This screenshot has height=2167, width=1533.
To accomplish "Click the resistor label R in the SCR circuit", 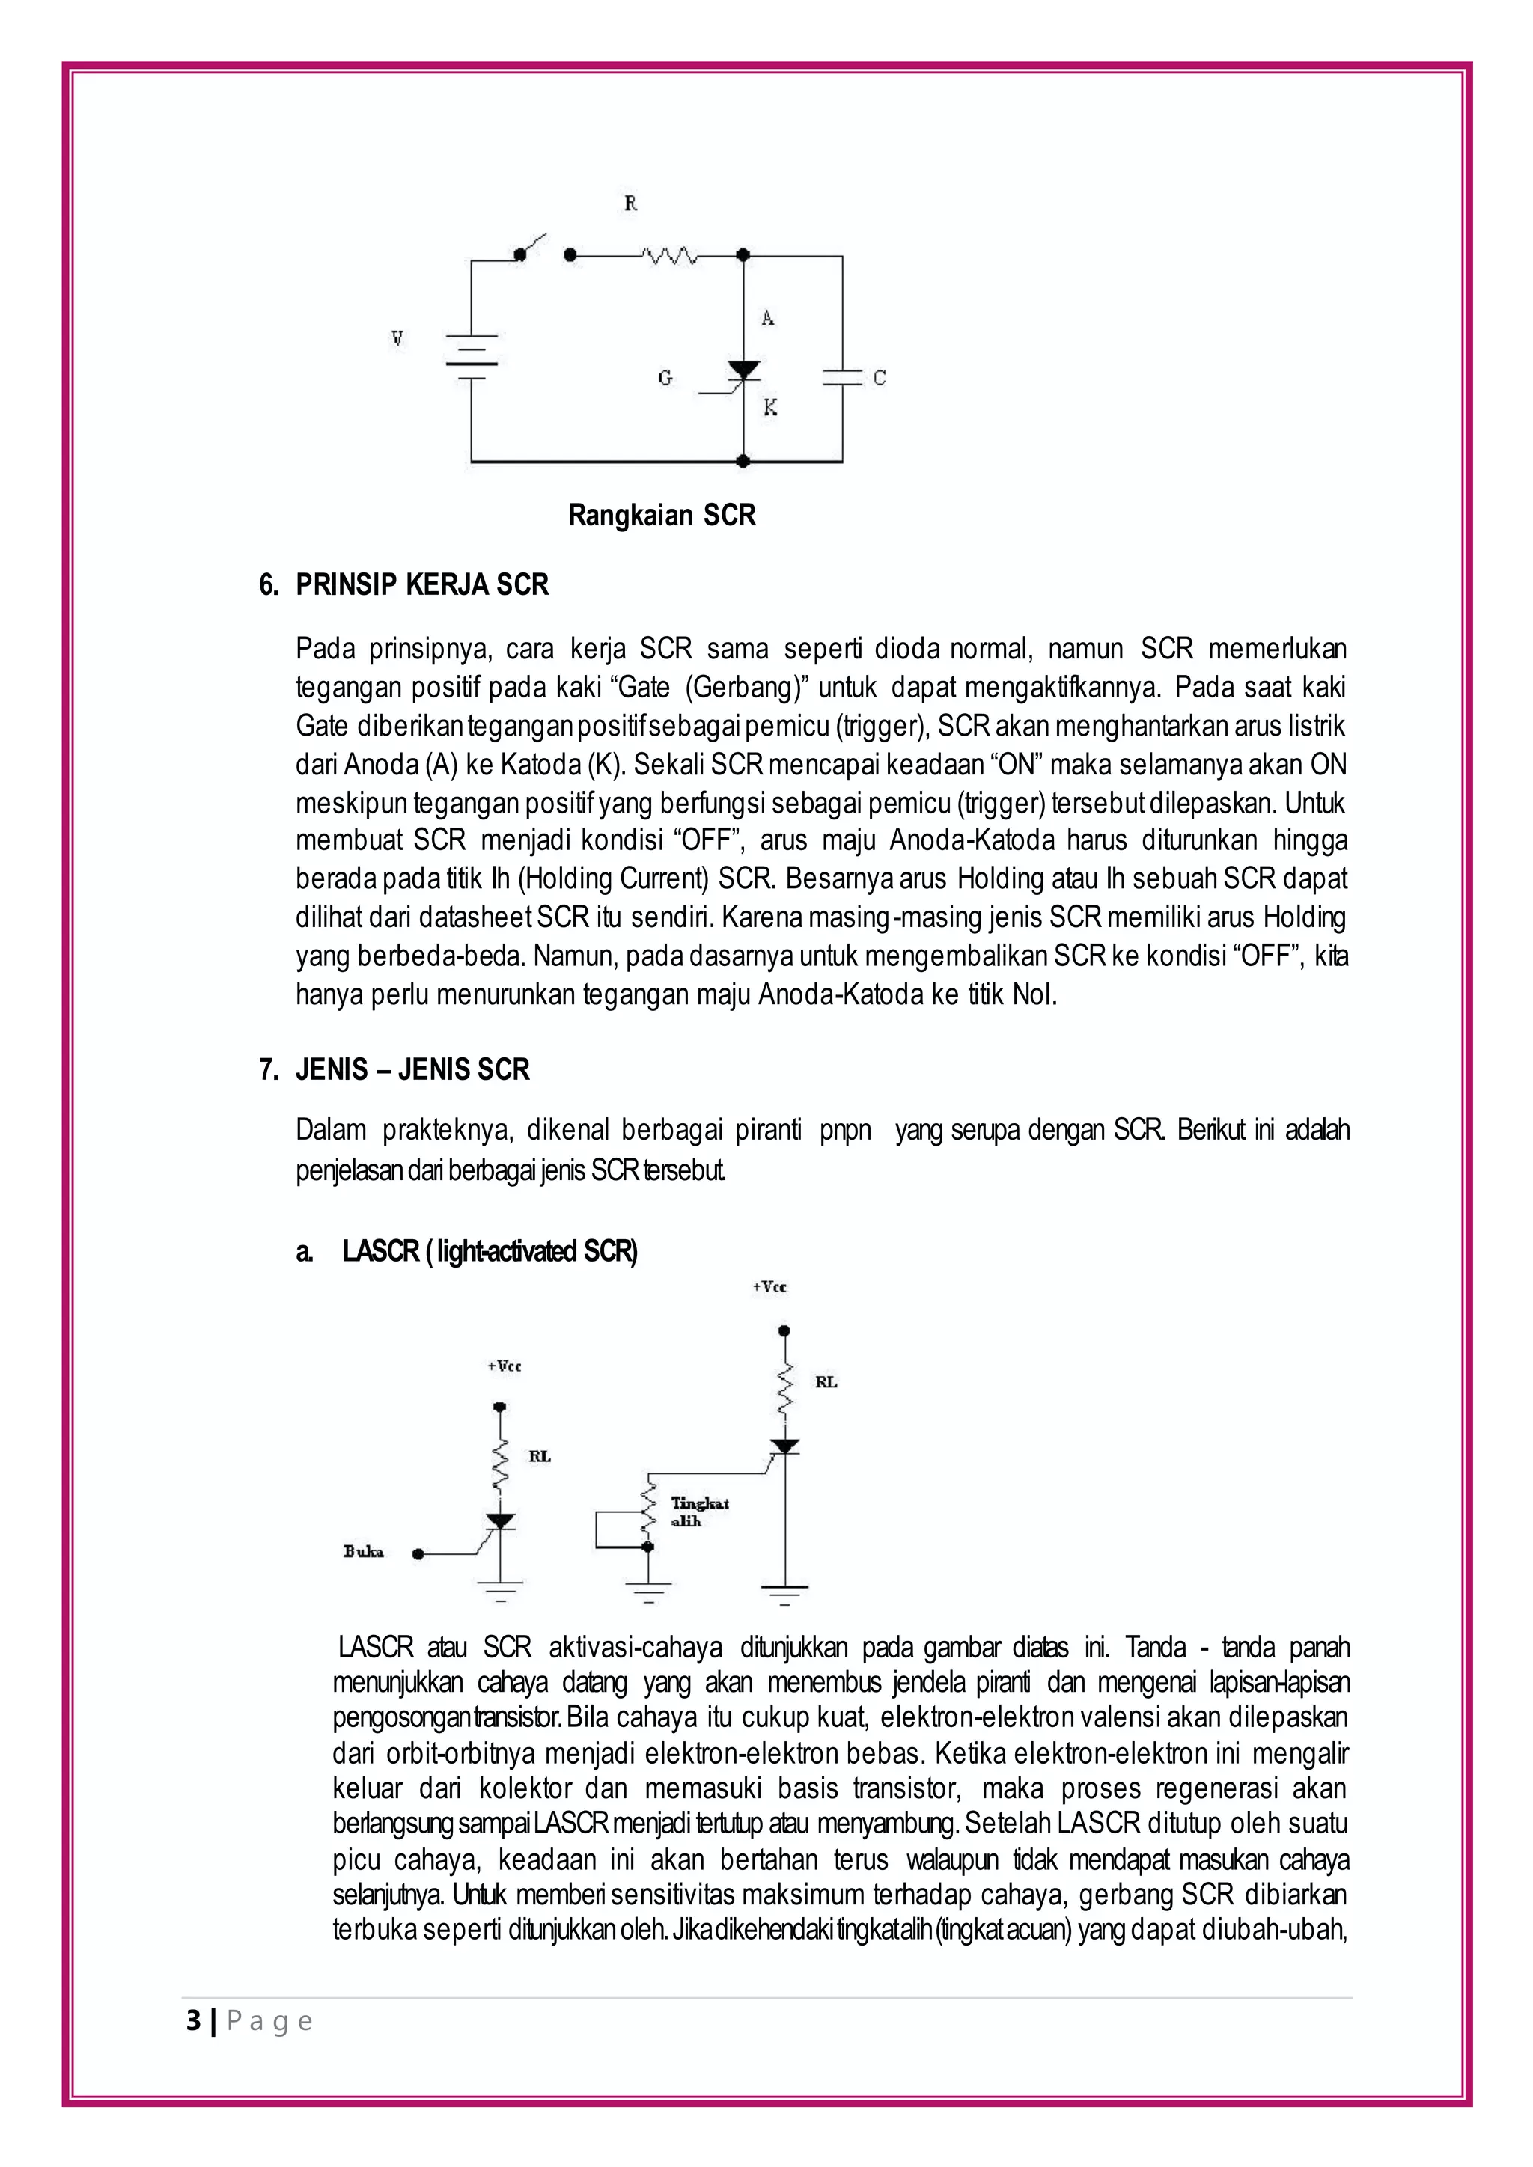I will [x=630, y=203].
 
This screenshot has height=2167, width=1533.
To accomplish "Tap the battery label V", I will [x=397, y=339].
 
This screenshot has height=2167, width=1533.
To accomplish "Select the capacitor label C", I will [x=879, y=378].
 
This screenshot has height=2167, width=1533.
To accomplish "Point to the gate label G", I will [x=665, y=378].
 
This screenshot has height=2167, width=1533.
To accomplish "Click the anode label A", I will [x=767, y=318].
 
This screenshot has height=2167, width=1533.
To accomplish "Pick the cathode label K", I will [x=770, y=408].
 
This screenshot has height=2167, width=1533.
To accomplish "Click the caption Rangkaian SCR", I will [x=662, y=516].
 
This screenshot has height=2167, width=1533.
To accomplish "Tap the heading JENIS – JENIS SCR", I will [x=412, y=1069].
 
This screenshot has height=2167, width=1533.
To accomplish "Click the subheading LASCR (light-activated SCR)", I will [x=490, y=1252].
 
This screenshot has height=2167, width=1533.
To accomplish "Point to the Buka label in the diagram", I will [x=364, y=1553].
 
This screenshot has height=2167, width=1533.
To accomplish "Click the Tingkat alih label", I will [x=698, y=1512].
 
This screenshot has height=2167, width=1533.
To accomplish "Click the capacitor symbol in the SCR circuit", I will [x=842, y=378].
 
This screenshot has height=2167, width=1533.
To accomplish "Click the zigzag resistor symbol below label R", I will [x=669, y=255].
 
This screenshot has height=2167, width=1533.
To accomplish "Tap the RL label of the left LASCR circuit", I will [x=539, y=1456].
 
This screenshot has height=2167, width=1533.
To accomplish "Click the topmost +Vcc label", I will [x=769, y=1287].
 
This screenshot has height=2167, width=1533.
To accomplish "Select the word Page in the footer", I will [x=270, y=2022].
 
